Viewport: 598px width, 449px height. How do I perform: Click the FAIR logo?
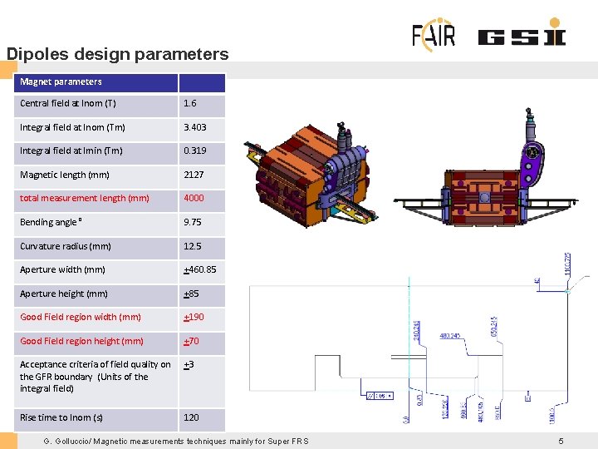coord(434,34)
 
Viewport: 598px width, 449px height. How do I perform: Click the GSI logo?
coord(522,37)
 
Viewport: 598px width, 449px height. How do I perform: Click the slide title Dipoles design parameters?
coord(117,54)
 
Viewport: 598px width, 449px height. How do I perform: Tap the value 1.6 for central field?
coord(190,104)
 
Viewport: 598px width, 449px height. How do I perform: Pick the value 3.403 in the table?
coord(195,127)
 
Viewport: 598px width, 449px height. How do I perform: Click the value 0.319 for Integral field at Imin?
coord(195,151)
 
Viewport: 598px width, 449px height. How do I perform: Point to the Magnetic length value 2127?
coord(193,175)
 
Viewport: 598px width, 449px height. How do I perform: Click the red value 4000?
coord(193,198)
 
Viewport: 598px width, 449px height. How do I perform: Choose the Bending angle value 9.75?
coord(192,222)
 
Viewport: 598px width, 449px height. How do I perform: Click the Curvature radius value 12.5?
coord(192,246)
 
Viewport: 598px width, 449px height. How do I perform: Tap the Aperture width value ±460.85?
coord(199,269)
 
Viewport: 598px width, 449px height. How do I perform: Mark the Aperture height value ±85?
coord(191,294)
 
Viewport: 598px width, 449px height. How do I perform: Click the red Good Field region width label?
coord(81,317)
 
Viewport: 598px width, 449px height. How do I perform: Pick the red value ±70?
coord(191,341)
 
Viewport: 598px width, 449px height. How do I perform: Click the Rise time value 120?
coord(191,417)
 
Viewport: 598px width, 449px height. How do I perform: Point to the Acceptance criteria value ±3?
coord(189,364)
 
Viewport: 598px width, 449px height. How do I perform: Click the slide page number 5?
coord(561,441)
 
